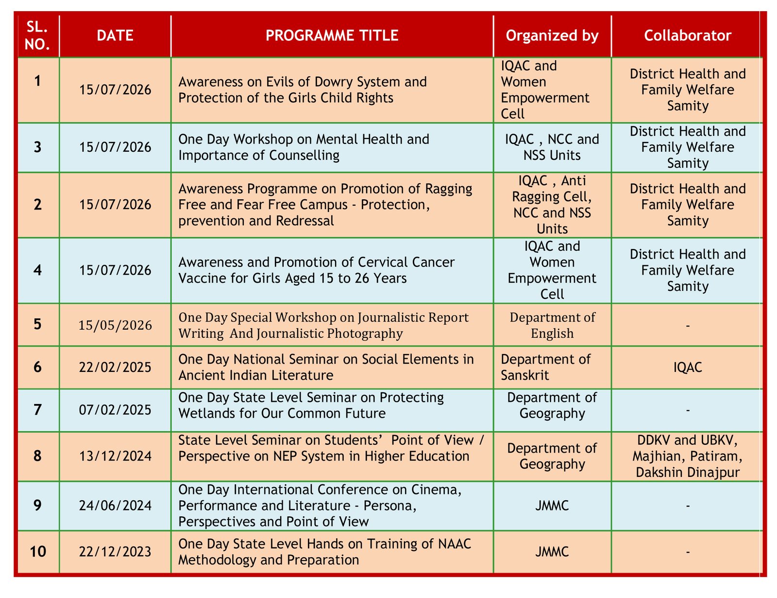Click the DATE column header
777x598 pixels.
click(x=115, y=35)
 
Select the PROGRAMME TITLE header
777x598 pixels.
click(x=332, y=35)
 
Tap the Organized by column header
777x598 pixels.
click(x=552, y=36)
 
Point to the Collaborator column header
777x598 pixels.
click(x=687, y=35)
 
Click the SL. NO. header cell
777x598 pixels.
click(x=37, y=35)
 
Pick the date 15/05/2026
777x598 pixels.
click(x=115, y=325)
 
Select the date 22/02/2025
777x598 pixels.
click(x=115, y=367)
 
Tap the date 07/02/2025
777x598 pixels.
click(x=115, y=410)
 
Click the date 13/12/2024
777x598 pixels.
click(x=115, y=456)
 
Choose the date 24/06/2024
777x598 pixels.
click(x=115, y=505)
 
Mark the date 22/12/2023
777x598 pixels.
click(x=115, y=551)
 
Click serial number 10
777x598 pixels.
click(x=37, y=551)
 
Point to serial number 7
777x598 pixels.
click(x=37, y=410)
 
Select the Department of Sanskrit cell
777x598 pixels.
click(x=545, y=367)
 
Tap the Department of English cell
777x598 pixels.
click(x=552, y=325)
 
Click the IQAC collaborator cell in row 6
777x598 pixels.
click(x=687, y=367)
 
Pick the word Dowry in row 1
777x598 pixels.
click(x=336, y=82)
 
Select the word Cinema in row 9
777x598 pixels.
click(x=436, y=490)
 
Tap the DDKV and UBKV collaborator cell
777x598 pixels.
click(x=687, y=457)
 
